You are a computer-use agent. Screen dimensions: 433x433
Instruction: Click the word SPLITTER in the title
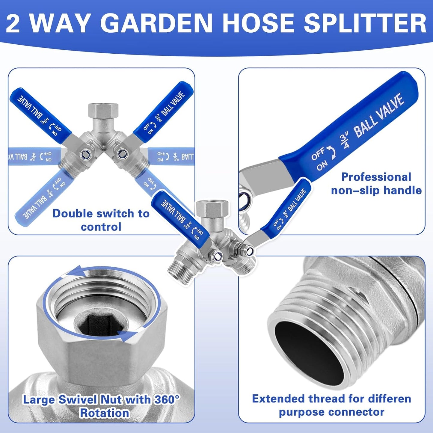click(x=365, y=23)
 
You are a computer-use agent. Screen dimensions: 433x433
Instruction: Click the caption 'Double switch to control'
click(x=101, y=220)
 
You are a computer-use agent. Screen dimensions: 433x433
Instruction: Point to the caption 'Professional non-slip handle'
click(x=376, y=183)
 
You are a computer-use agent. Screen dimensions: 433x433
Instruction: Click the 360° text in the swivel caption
click(x=167, y=400)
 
